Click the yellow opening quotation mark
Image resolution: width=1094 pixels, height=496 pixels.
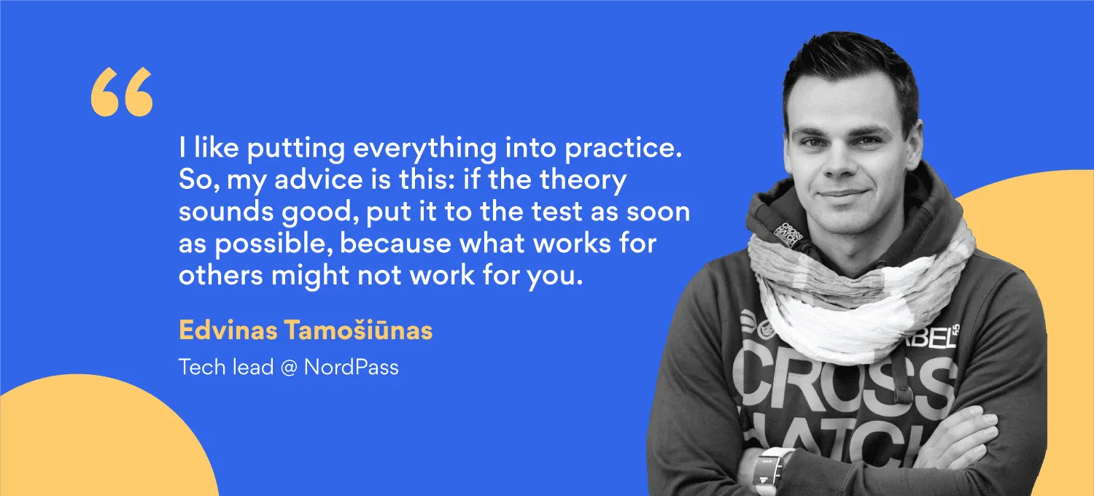click(x=122, y=92)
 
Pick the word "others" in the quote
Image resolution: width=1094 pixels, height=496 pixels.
click(x=221, y=275)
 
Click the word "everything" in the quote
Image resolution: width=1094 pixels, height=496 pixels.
click(x=424, y=149)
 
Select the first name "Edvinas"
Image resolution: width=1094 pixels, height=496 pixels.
click(x=228, y=330)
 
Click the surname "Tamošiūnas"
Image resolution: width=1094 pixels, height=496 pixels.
click(x=359, y=330)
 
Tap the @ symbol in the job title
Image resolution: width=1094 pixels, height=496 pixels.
click(x=289, y=368)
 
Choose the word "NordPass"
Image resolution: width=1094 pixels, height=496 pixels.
click(x=351, y=367)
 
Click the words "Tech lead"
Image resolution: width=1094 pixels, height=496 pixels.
click(x=225, y=367)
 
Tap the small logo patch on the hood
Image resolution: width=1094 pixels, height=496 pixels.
click(x=787, y=235)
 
